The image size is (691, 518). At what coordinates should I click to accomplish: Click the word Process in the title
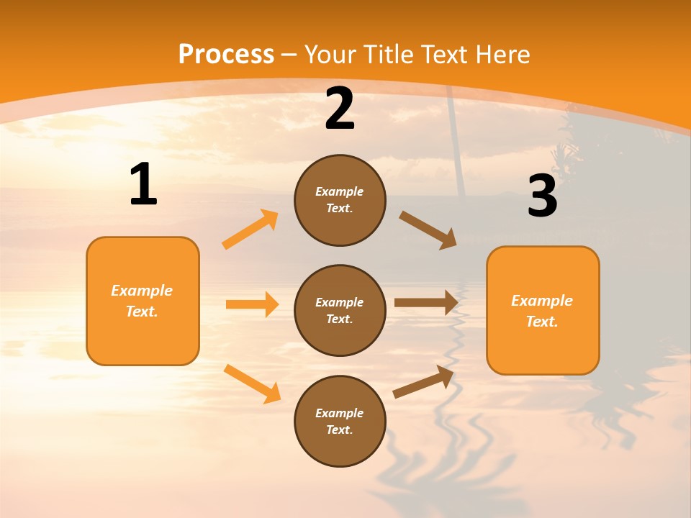pyautogui.click(x=226, y=55)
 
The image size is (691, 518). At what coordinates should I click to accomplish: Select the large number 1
pyautogui.click(x=143, y=185)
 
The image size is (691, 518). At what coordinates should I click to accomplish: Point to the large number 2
pyautogui.click(x=340, y=109)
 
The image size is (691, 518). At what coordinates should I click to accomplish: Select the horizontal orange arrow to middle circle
pyautogui.click(x=252, y=304)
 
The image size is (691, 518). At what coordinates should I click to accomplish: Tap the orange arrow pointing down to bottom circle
pyautogui.click(x=253, y=383)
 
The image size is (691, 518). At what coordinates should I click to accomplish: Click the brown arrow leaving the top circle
pyautogui.click(x=428, y=230)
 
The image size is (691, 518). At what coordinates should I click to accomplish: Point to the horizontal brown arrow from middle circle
pyautogui.click(x=426, y=303)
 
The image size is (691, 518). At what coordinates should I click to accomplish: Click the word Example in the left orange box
pyautogui.click(x=142, y=291)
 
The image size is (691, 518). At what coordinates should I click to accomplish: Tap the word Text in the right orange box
pyautogui.click(x=541, y=322)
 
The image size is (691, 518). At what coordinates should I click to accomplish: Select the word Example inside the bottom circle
pyautogui.click(x=339, y=413)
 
